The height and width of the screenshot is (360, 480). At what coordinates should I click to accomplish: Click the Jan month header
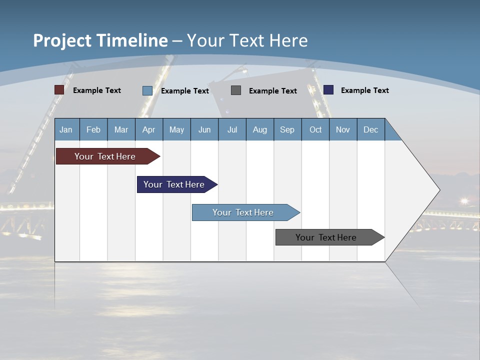[x=66, y=129]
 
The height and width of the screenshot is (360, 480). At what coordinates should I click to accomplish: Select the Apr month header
[x=148, y=129]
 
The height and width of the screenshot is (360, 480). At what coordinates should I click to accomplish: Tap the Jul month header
[x=232, y=129]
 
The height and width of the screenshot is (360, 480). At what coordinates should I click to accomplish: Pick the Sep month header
[x=287, y=129]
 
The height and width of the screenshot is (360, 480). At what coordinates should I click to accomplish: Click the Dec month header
[x=370, y=129]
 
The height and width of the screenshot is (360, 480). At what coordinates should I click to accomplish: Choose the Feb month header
[x=93, y=129]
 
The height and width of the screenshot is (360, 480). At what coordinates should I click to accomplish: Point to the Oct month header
[x=315, y=129]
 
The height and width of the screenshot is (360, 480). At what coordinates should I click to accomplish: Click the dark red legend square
[x=59, y=90]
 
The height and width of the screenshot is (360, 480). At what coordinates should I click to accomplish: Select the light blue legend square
[x=147, y=90]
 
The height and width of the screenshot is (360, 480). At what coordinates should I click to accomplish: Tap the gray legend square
[x=236, y=90]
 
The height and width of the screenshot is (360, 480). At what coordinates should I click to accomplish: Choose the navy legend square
[x=328, y=90]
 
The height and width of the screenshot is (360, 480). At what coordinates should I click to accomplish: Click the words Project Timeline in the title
[x=100, y=40]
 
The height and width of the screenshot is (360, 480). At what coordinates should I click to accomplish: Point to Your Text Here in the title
[x=247, y=40]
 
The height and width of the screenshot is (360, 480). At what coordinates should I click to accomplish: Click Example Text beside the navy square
[x=364, y=90]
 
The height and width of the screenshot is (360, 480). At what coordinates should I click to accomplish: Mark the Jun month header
[x=204, y=129]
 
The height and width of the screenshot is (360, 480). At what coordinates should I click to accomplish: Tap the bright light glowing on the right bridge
[x=464, y=201]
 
